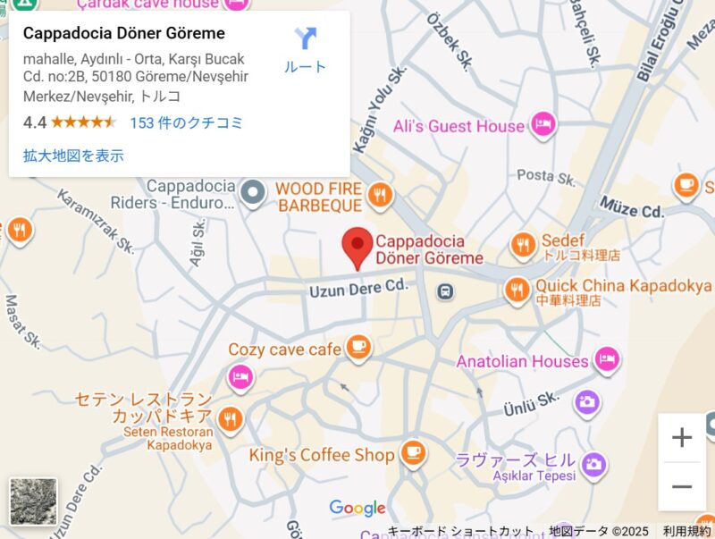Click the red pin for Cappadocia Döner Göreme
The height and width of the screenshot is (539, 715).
click(x=358, y=244)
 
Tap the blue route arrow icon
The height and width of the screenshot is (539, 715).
click(x=306, y=38)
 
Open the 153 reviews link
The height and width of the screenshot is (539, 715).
click(x=186, y=122)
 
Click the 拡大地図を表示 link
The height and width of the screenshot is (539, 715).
click(x=73, y=156)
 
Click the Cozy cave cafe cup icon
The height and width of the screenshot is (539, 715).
click(x=358, y=347)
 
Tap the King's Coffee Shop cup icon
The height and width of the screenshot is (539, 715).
click(x=412, y=454)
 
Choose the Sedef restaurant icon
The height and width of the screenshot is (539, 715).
click(x=523, y=243)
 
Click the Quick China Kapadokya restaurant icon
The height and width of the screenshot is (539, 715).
click(x=516, y=288)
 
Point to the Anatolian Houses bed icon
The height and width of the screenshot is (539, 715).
click(x=607, y=359)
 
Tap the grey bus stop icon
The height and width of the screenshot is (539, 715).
click(x=445, y=291)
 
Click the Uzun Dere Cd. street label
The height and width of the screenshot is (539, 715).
click(x=357, y=290)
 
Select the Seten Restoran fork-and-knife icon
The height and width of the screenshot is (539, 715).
click(x=231, y=418)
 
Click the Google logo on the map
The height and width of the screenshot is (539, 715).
click(x=357, y=508)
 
